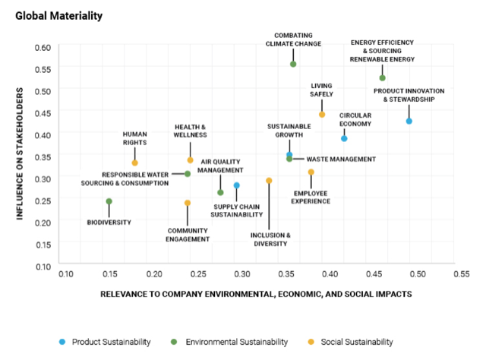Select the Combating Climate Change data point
point(293,64)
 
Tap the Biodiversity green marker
point(109,201)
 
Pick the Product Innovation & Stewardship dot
point(409,121)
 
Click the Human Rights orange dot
point(135,163)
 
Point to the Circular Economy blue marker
point(344,138)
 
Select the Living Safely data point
point(322,115)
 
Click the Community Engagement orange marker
point(188,203)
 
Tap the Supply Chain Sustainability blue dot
point(237,185)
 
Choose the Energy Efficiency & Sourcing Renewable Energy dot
point(383,77)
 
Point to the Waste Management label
point(341,159)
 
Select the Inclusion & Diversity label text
point(270,238)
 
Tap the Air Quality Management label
point(221,166)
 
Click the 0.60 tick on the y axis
point(42,47)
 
